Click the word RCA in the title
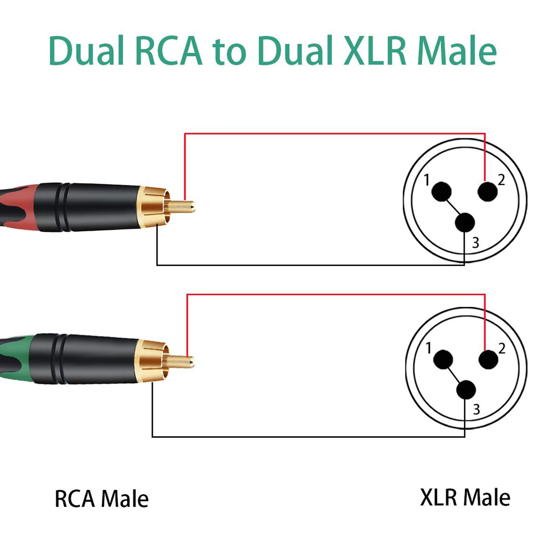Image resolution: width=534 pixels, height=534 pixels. click(169, 50)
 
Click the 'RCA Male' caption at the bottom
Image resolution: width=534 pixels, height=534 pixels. click(102, 499)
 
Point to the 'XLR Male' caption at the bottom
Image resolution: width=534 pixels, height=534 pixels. click(465, 498)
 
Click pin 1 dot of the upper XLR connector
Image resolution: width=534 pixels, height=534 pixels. click(441, 192)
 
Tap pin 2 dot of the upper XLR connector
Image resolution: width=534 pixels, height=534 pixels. click(487, 192)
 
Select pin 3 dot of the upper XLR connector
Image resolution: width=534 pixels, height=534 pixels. click(465, 223)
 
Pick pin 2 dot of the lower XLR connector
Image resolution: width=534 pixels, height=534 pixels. click(488, 360)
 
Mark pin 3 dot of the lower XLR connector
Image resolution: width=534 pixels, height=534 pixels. click(466, 390)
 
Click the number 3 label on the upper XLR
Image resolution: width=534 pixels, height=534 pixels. click(476, 243)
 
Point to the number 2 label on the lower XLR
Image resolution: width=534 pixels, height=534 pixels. click(502, 348)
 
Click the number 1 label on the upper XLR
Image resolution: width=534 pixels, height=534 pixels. click(427, 180)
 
